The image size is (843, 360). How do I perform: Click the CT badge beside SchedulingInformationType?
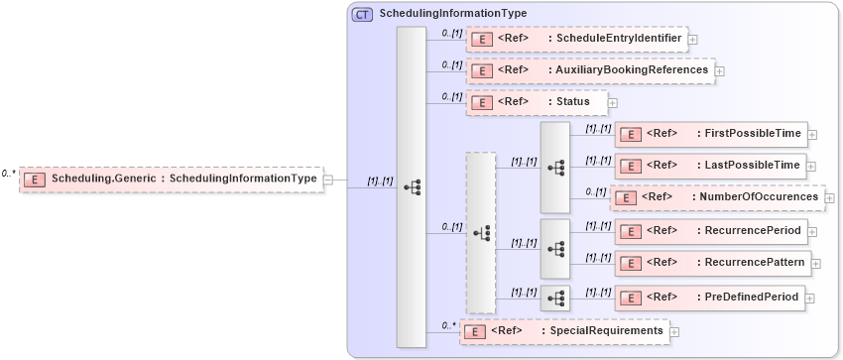[362, 14]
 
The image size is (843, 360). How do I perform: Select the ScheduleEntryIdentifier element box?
[577, 39]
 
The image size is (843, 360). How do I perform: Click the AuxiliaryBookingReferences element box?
[590, 70]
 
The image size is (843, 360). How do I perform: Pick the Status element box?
[537, 101]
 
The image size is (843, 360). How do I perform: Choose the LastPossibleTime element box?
[711, 165]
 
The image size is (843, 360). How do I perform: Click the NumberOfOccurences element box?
[717, 197]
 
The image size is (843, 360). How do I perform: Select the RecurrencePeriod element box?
[711, 231]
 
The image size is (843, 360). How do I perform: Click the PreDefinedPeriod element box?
[710, 297]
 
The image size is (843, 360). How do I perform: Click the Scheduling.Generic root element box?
[173, 179]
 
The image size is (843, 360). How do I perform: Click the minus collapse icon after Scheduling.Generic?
[328, 180]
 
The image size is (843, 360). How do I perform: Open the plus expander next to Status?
[613, 102]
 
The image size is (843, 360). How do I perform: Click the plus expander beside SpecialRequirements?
[675, 332]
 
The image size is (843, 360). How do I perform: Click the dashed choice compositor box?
[481, 233]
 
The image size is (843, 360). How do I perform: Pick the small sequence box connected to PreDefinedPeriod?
[554, 296]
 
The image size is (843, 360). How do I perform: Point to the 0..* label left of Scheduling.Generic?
[8, 174]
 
